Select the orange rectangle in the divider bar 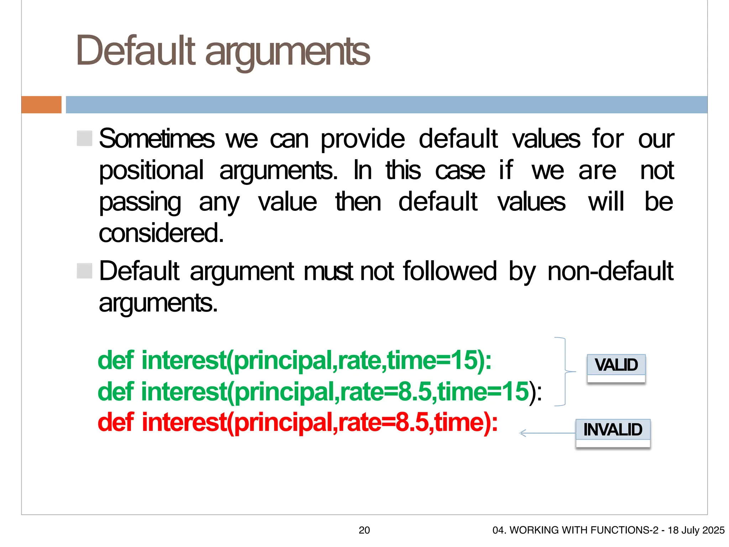click(x=41, y=105)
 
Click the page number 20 click(x=364, y=530)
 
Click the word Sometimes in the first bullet click(x=157, y=139)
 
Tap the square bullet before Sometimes click(x=85, y=138)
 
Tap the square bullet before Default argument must click(x=85, y=271)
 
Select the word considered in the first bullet click(x=161, y=234)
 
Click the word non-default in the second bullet click(x=610, y=271)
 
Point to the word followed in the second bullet click(x=450, y=271)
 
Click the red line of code click(x=298, y=423)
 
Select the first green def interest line click(x=294, y=360)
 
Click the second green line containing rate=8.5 click(x=319, y=392)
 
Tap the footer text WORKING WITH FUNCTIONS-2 click(x=584, y=530)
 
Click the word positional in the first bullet click(x=151, y=171)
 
